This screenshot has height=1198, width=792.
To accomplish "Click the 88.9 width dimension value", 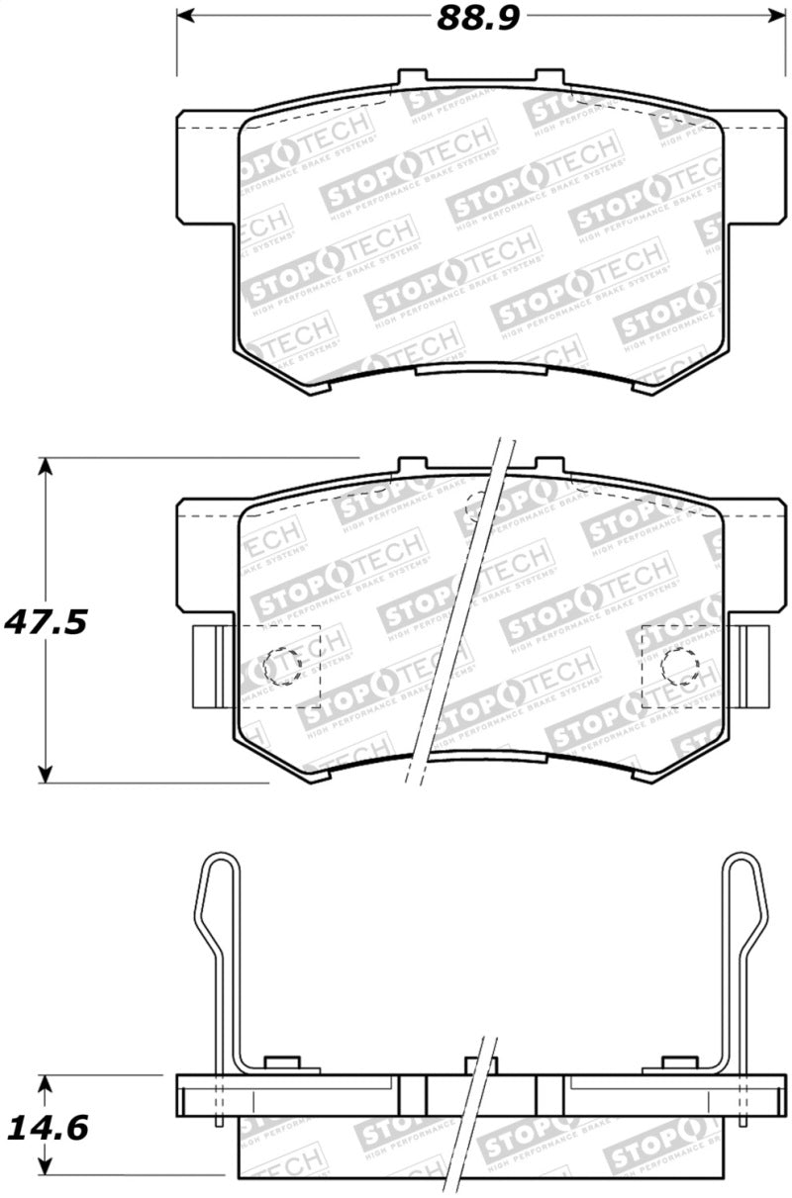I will tap(478, 18).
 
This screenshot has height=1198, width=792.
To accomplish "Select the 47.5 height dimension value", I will tap(46, 622).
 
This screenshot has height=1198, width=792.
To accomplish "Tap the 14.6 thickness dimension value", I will tap(46, 1127).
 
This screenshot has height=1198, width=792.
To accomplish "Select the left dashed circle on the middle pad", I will tap(284, 667).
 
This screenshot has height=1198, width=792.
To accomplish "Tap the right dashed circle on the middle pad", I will tap(679, 667).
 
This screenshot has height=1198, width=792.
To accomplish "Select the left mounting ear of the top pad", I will tap(208, 164).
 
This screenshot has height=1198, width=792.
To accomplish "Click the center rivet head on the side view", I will tap(480, 1064).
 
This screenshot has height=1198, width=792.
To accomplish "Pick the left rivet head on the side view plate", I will tap(284, 1064).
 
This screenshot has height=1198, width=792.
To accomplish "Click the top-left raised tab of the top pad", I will tap(411, 77).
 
